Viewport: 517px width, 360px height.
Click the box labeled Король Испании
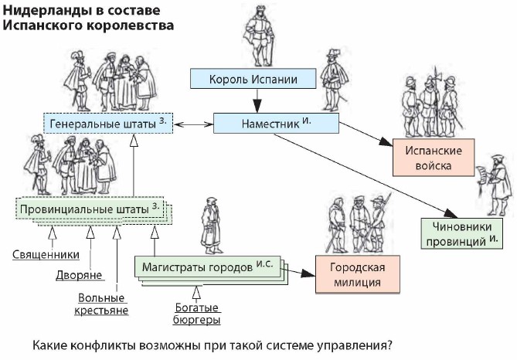coord(254,80)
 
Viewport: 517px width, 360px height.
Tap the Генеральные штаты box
coord(106,124)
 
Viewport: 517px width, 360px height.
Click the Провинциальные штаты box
coord(90,209)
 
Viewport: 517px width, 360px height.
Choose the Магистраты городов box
coord(207,267)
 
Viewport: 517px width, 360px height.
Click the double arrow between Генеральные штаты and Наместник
coord(194,123)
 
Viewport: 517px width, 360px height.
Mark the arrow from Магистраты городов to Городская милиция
coord(300,273)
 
